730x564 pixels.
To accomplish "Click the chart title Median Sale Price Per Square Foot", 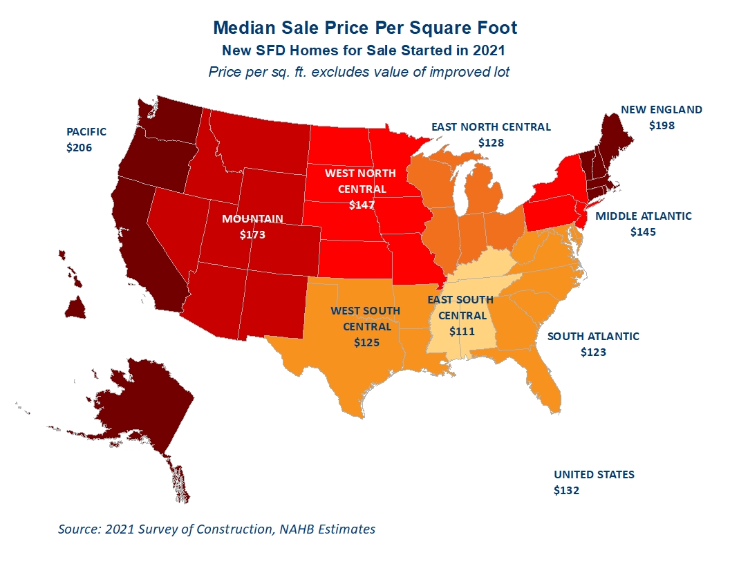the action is (365, 28).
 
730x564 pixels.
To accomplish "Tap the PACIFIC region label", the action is (86, 132).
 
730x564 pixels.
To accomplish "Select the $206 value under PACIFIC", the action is (79, 147).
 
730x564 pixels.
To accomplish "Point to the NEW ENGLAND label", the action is (662, 110).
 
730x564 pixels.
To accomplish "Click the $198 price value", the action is (662, 126).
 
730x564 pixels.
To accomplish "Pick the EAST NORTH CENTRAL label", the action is (492, 127).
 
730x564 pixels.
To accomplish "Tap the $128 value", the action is (492, 143).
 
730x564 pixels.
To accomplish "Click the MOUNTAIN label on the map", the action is (252, 218).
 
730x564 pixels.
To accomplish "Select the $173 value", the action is (252, 234).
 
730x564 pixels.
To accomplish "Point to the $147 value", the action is (362, 205).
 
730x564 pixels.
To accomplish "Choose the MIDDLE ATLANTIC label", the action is (644, 216).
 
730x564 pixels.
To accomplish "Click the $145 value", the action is (643, 232).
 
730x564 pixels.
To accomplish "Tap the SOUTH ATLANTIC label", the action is (593, 337).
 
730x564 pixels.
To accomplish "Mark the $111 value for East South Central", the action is (462, 331).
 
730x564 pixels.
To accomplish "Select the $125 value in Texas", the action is (366, 343).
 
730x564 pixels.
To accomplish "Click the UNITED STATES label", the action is (594, 475).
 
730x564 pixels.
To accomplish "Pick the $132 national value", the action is (567, 491).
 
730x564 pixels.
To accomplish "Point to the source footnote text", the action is (216, 529).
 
